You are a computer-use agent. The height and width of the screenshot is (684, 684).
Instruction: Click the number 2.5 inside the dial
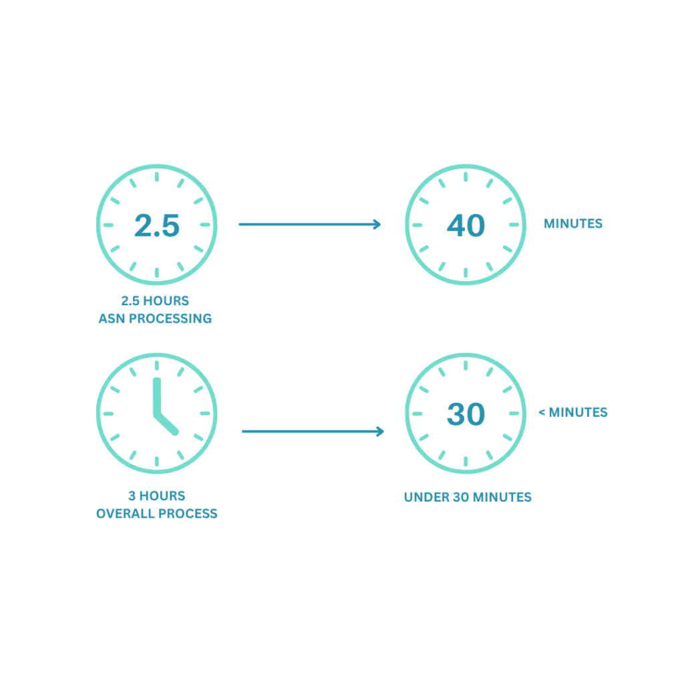157,225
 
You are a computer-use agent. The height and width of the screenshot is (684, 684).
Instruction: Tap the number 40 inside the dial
466,225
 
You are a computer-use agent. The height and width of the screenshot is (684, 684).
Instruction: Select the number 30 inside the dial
466,414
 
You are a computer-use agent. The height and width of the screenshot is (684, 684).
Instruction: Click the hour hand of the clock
166,425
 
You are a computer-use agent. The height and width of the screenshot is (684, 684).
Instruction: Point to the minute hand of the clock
157,397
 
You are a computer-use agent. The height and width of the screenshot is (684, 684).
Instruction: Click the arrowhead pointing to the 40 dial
377,224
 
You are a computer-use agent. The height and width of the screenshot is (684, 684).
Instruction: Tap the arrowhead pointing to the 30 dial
381,432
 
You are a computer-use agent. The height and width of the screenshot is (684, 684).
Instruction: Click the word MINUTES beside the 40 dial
573,224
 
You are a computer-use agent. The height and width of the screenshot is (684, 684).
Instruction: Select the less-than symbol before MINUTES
542,412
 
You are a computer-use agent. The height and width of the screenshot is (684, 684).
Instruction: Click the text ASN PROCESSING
155,319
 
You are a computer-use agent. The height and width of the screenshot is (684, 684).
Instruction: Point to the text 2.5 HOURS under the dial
155,301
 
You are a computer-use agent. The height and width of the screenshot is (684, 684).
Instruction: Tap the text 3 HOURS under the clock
157,496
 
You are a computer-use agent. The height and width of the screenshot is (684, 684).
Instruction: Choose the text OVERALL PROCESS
157,514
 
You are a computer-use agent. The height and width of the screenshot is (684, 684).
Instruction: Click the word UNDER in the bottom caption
422,497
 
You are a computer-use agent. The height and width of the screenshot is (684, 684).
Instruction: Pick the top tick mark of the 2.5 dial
157,177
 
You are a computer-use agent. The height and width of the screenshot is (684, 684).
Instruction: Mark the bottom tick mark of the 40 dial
466,273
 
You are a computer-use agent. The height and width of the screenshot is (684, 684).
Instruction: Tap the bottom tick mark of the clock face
157,461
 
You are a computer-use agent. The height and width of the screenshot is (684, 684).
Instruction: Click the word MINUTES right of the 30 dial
578,412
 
